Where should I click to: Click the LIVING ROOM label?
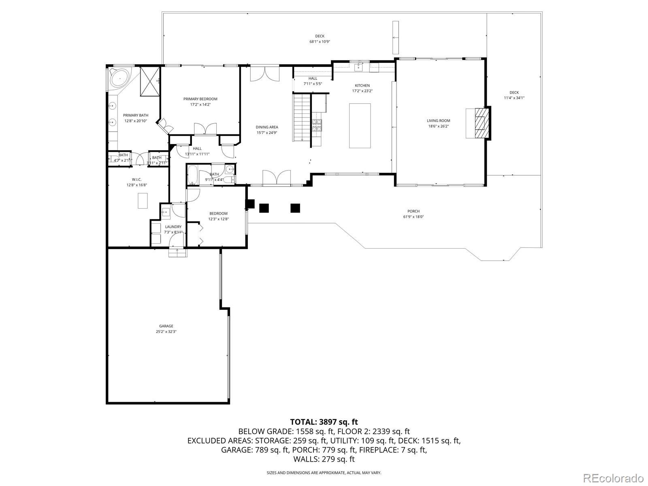pos(438,121)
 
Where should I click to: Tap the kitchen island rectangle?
pos(360,126)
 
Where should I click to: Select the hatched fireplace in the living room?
pos(481,123)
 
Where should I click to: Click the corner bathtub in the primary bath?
pos(119,78)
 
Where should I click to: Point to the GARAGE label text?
pos(166,326)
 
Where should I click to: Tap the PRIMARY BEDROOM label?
pos(200,99)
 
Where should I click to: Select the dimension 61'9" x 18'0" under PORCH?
pos(413,217)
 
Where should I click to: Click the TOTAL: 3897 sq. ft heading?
pos(324,422)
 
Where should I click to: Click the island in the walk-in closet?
pos(143,200)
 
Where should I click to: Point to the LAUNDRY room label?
pos(173,227)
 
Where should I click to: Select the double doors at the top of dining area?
pos(264,74)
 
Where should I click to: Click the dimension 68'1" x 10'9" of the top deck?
pos(320,42)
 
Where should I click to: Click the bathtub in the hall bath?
pos(193,175)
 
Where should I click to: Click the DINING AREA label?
pos(267,127)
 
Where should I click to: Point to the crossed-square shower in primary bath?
pos(149,81)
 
